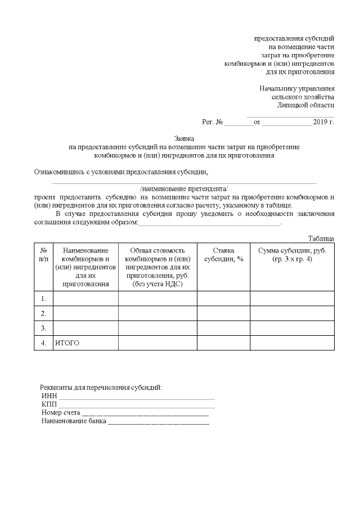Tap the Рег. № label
point(213,121)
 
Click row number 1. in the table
point(43,298)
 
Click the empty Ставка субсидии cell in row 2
point(223,313)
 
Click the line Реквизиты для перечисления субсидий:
point(101,388)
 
